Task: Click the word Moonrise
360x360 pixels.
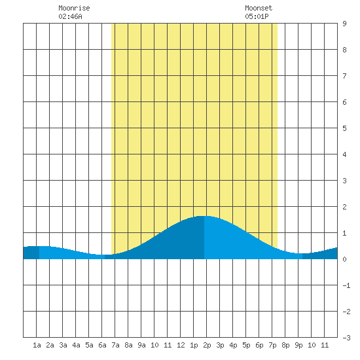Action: [x=74, y=8]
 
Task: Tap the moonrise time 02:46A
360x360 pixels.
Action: [x=70, y=16]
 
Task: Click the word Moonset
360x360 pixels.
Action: [x=259, y=8]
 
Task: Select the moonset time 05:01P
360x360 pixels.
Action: [x=257, y=16]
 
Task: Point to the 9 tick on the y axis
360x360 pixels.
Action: [x=344, y=24]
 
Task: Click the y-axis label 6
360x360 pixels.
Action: [x=344, y=102]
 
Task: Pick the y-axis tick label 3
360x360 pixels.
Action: [x=344, y=181]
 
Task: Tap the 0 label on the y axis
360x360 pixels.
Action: [x=344, y=259]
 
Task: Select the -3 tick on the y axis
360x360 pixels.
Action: [x=346, y=338]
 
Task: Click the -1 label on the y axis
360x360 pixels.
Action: [x=346, y=285]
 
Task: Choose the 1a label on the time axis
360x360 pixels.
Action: [x=37, y=345]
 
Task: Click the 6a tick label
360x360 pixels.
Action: [x=102, y=345]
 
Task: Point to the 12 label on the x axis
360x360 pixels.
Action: [x=181, y=345]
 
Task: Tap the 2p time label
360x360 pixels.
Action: [x=207, y=345]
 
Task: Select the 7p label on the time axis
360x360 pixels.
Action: [x=272, y=345]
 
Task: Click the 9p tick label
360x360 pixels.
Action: [x=298, y=345]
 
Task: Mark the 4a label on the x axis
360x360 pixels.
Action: [x=76, y=345]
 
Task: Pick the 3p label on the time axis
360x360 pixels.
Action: [x=220, y=345]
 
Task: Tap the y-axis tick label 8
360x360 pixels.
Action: [x=344, y=50]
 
